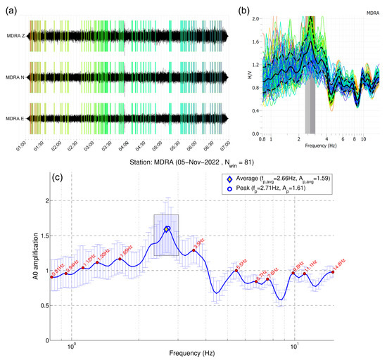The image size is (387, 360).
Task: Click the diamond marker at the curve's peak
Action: pos(167,229)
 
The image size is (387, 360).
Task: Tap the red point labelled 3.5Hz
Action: pos(193,250)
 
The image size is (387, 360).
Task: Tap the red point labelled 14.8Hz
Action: pos(333,272)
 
